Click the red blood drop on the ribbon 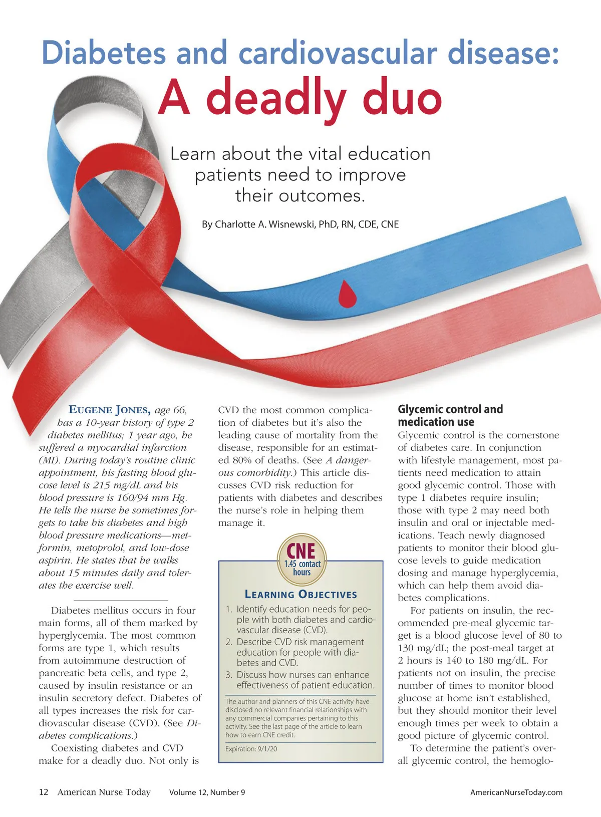(347, 294)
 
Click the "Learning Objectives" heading (300, 595)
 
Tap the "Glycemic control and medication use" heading (450, 416)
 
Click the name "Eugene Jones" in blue (109, 410)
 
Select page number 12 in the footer (44, 792)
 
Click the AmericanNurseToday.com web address (516, 792)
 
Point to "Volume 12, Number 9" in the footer (207, 792)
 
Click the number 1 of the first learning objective (228, 610)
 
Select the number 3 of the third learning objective (228, 675)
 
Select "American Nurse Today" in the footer (104, 792)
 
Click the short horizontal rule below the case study (120, 600)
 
